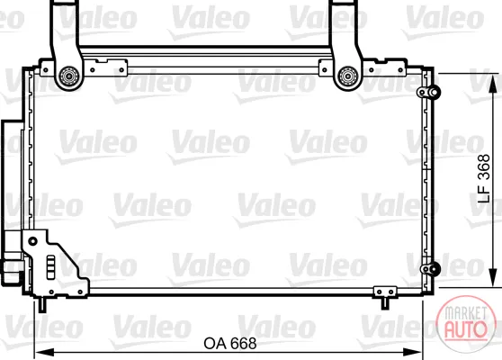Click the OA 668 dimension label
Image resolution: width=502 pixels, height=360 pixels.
click(x=230, y=343)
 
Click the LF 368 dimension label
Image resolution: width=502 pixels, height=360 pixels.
click(x=484, y=178)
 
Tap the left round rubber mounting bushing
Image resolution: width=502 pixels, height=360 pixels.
click(x=69, y=76)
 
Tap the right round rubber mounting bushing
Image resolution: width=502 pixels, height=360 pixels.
click(x=348, y=76)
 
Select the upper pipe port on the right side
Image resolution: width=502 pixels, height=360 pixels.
click(x=429, y=92)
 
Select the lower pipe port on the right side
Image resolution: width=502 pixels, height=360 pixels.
click(x=430, y=268)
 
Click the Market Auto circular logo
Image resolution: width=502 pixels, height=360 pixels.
click(x=466, y=323)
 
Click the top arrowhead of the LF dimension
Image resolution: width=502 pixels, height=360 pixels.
click(x=493, y=84)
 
